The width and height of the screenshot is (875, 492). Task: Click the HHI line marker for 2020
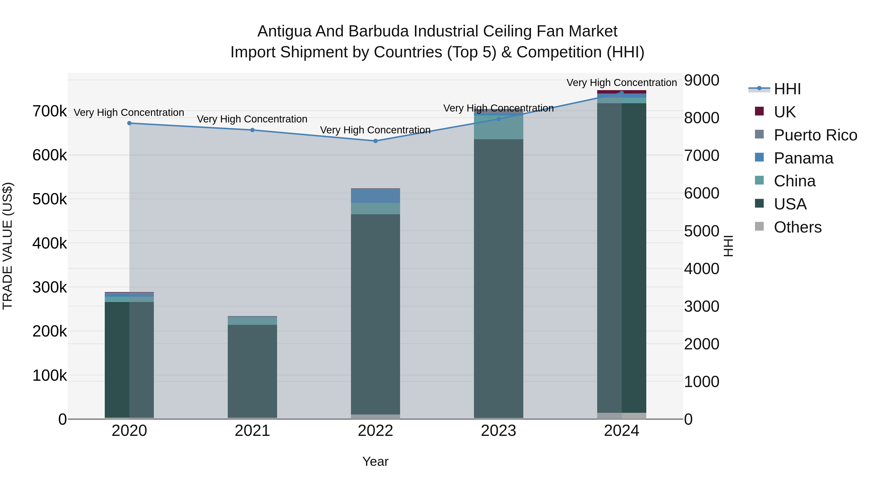pos(129,123)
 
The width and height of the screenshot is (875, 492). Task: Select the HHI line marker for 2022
pos(375,141)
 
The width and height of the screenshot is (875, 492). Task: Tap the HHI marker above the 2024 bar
pos(621,93)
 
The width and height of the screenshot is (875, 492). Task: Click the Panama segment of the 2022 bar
pos(375,196)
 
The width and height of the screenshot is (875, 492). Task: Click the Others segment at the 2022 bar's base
pos(375,417)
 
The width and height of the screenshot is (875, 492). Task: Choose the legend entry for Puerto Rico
pos(815,135)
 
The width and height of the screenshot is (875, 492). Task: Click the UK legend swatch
pos(759,111)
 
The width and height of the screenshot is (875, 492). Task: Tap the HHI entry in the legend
pos(787,89)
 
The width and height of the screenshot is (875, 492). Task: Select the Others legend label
pos(797,227)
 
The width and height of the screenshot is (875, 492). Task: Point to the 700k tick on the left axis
pos(50,111)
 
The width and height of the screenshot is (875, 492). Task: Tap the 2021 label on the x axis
pos(252,431)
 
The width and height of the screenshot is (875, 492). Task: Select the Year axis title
pos(375,461)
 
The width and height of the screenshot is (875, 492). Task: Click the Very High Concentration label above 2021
pos(252,119)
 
